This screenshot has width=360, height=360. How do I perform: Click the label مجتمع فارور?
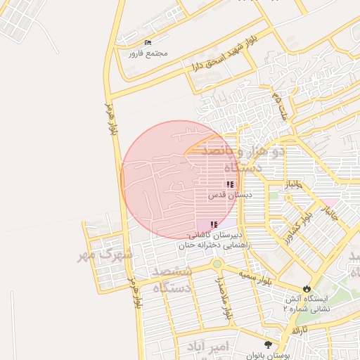pos(148,53)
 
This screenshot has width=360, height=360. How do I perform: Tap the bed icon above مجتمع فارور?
pos(148,43)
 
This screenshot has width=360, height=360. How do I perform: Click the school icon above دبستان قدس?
pos(229,184)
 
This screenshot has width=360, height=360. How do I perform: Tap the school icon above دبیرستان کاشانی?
pos(214,224)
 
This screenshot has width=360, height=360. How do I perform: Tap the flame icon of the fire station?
pos(307,288)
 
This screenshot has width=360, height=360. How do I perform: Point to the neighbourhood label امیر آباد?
pos(209,347)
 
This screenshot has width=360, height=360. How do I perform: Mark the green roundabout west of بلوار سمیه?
pos(217,264)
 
